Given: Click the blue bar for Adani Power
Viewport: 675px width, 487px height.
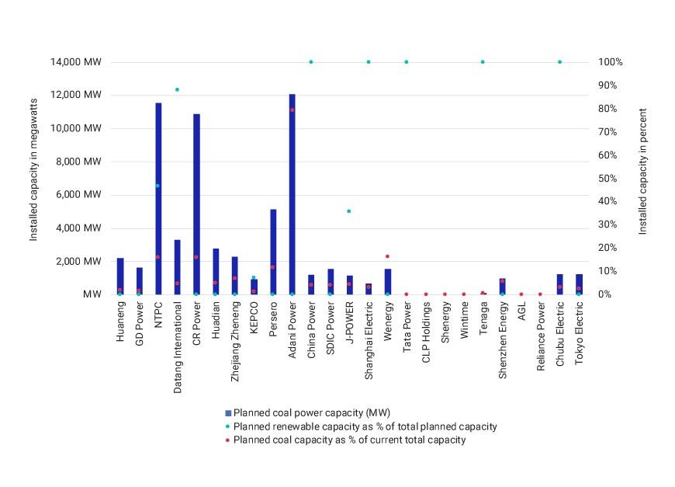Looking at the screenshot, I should coord(292,194).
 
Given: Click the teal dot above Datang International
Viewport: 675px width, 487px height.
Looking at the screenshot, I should coord(177,90).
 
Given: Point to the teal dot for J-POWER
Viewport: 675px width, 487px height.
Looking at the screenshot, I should coord(349,211).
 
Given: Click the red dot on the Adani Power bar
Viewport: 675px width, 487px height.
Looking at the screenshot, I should coord(292,110).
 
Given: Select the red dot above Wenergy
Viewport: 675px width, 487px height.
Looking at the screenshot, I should coord(387,256).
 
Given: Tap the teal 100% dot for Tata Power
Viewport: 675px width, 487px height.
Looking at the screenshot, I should coord(406,62).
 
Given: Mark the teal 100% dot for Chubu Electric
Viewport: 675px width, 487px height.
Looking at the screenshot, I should coord(559,62).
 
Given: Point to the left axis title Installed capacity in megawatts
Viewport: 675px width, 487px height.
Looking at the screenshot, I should coord(34,169).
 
